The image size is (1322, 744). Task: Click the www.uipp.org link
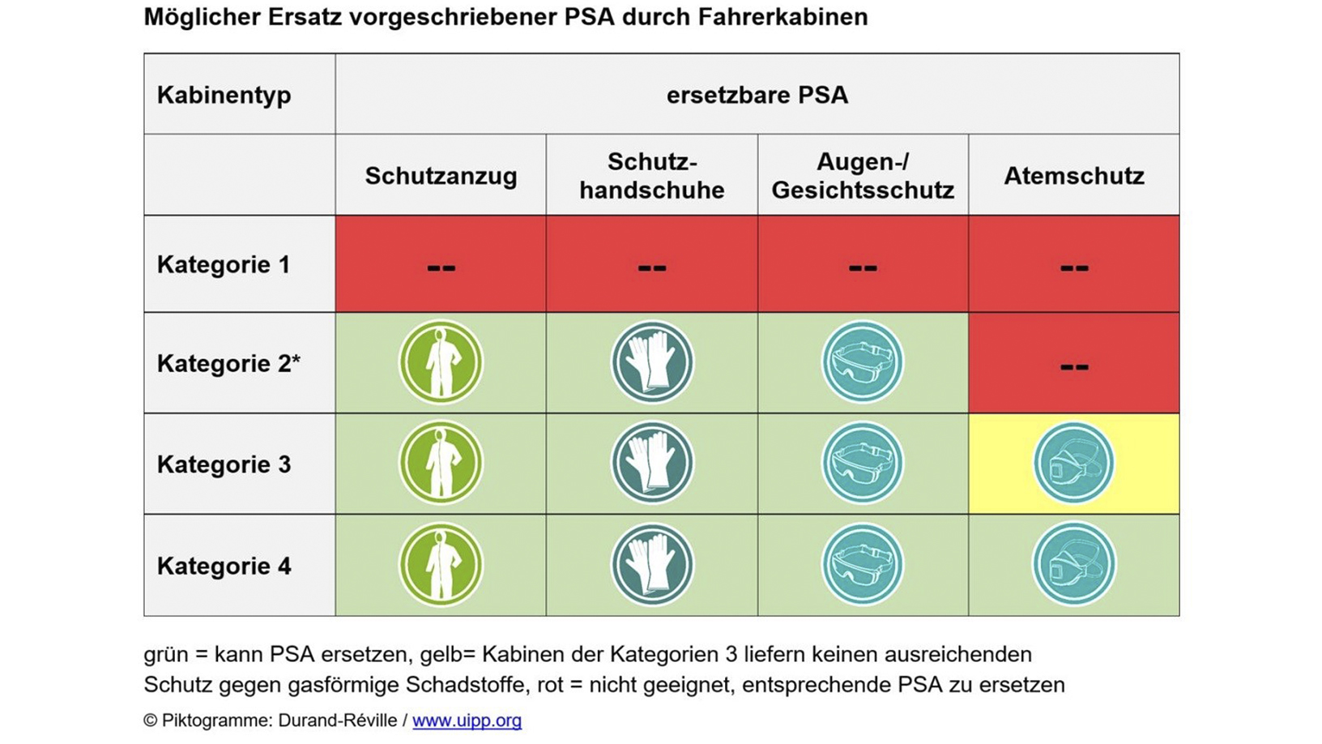click(467, 720)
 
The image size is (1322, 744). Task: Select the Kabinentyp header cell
click(224, 95)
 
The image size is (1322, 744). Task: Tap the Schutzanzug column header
click(441, 176)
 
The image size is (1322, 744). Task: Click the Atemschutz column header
click(1073, 176)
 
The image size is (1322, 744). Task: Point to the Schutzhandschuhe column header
click(651, 176)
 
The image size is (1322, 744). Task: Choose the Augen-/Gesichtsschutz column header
click(863, 176)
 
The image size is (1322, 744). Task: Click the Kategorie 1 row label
click(224, 264)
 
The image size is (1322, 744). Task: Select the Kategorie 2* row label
click(228, 363)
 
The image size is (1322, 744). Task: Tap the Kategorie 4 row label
click(224, 566)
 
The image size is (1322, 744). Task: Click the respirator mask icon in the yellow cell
click(1073, 464)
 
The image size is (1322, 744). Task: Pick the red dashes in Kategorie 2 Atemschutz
click(1073, 366)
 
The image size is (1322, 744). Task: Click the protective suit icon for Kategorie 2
click(441, 362)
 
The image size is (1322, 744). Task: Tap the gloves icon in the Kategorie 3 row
click(651, 464)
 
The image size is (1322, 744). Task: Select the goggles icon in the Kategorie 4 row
click(863, 565)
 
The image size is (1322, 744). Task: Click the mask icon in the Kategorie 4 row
click(1073, 565)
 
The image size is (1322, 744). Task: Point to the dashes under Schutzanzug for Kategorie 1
click(441, 267)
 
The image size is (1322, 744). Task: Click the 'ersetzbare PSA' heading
click(757, 95)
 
